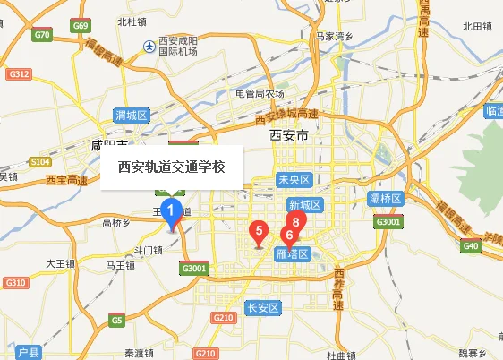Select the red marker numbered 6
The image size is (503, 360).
pyautogui.click(x=288, y=235)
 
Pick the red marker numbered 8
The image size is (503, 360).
pyautogui.click(x=295, y=223)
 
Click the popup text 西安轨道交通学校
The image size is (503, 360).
pyautogui.click(x=171, y=167)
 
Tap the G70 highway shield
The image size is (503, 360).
pyautogui.click(x=42, y=35)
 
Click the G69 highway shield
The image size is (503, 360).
pyautogui.click(x=81, y=26)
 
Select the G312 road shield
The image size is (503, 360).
pyautogui.click(x=19, y=73)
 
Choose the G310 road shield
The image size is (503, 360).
pyautogui.click(x=15, y=283)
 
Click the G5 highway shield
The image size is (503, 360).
pyautogui.click(x=117, y=320)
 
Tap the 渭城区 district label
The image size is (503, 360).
pyautogui.click(x=132, y=115)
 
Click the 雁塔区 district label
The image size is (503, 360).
pyautogui.click(x=292, y=254)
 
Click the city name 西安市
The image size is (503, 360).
pyautogui.click(x=288, y=136)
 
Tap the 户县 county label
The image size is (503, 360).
pyautogui.click(x=30, y=352)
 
